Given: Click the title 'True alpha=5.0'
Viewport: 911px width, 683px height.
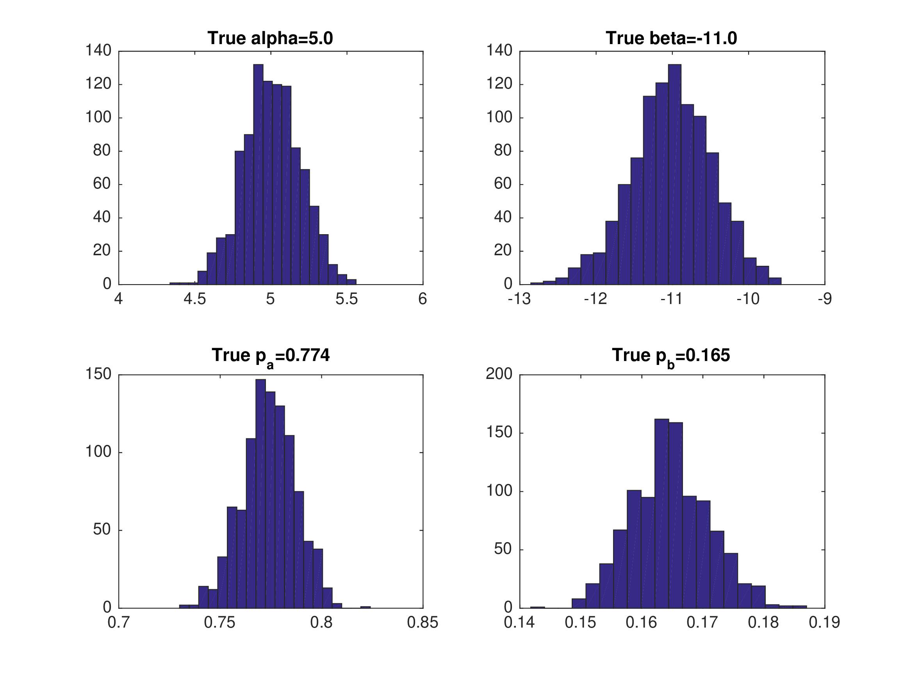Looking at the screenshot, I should click(270, 38).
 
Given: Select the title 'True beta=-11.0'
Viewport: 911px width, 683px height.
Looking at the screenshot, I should click(671, 38).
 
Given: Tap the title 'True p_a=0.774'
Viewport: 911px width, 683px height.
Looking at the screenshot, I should click(271, 356).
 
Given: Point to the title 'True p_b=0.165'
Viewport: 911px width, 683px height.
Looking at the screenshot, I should click(671, 356).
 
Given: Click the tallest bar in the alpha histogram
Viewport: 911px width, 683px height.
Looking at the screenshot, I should click(258, 173).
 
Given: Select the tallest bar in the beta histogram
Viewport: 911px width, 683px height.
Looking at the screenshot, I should click(675, 173).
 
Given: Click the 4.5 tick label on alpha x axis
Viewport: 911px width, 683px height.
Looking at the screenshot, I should click(194, 299).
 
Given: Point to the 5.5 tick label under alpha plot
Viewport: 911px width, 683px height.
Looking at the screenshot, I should click(346, 299).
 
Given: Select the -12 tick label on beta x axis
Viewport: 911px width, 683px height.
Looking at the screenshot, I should click(595, 299).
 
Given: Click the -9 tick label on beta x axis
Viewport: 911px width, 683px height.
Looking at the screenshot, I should click(825, 299).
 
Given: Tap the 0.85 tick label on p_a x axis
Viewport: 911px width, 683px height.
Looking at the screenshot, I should click(423, 623).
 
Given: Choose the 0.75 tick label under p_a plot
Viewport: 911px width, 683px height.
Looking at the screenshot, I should click(219, 623).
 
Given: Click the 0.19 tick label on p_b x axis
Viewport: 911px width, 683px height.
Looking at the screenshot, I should click(824, 623).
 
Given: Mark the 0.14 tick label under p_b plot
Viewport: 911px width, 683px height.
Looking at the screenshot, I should click(519, 623).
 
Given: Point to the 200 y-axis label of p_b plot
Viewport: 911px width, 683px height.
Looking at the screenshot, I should click(499, 374).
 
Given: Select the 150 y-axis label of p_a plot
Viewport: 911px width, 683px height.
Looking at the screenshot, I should click(98, 374).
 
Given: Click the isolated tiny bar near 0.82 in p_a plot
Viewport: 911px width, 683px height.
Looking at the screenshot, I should click(365, 607).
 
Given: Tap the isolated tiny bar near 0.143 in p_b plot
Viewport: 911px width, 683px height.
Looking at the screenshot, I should click(537, 607).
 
